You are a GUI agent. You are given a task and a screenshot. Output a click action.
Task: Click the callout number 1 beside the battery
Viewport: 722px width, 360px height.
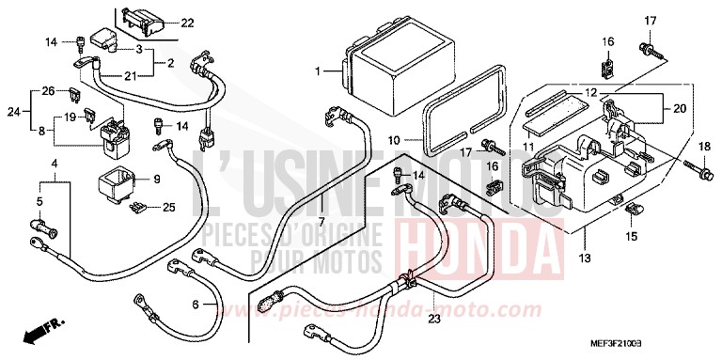pos(318,71)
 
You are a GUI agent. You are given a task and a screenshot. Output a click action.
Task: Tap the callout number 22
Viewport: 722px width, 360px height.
pos(186,22)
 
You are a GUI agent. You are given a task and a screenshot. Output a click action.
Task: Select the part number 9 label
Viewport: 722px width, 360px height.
pos(157,178)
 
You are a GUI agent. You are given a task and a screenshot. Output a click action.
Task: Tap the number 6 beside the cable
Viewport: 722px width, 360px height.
pos(196,304)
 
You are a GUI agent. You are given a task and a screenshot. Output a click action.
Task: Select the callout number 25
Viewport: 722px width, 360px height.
pos(168,206)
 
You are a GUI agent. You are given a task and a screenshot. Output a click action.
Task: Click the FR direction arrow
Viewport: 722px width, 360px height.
pos(37,331)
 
